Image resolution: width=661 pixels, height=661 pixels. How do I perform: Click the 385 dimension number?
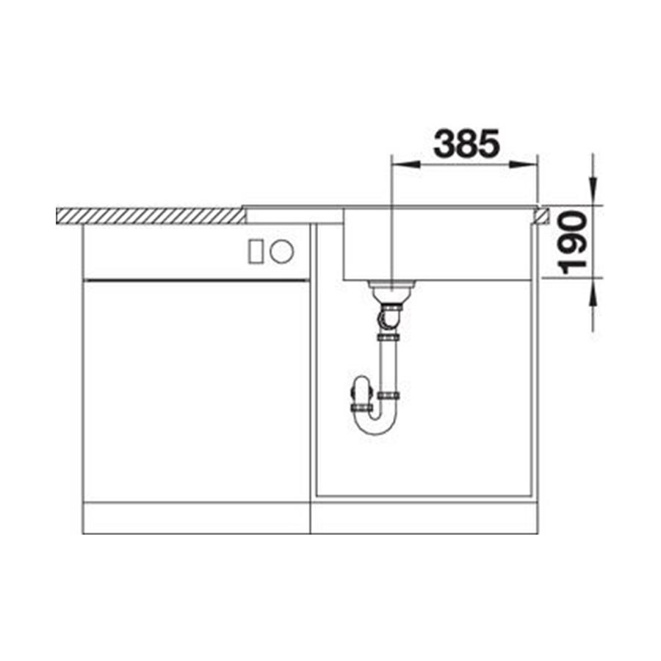(466, 143)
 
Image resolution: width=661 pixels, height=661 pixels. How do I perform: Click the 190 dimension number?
(572, 243)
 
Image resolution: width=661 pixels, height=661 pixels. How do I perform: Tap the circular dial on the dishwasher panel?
(281, 252)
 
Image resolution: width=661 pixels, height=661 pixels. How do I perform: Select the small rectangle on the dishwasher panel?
(256, 252)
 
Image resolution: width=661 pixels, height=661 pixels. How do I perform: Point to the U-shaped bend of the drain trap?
(375, 424)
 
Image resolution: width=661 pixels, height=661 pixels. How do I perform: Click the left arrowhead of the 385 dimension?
(406, 165)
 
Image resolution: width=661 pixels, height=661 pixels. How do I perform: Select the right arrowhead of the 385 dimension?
(523, 165)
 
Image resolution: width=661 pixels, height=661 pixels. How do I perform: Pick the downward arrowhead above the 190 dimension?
(593, 191)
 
